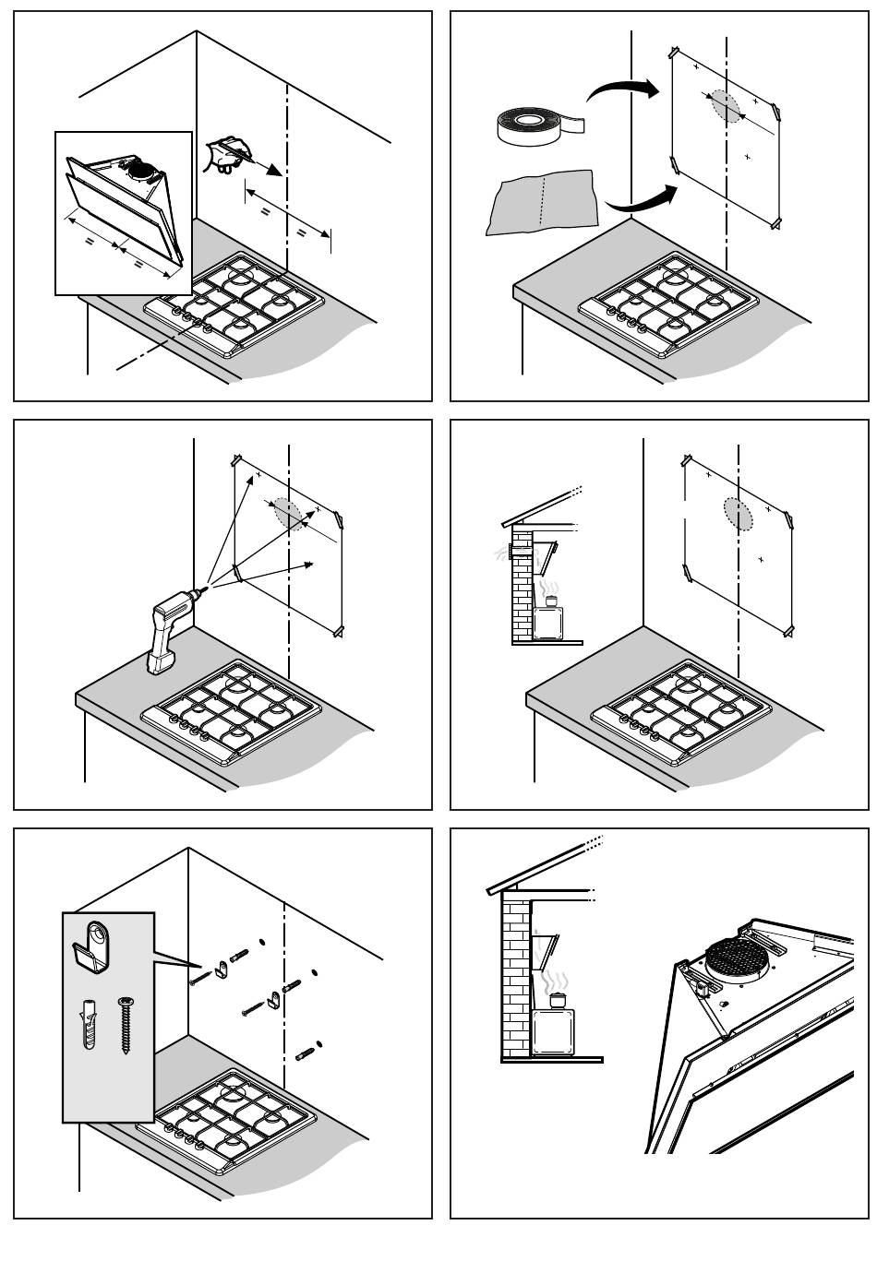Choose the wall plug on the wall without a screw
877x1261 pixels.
coord(306,1052)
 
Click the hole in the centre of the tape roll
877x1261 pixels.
coord(525,119)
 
